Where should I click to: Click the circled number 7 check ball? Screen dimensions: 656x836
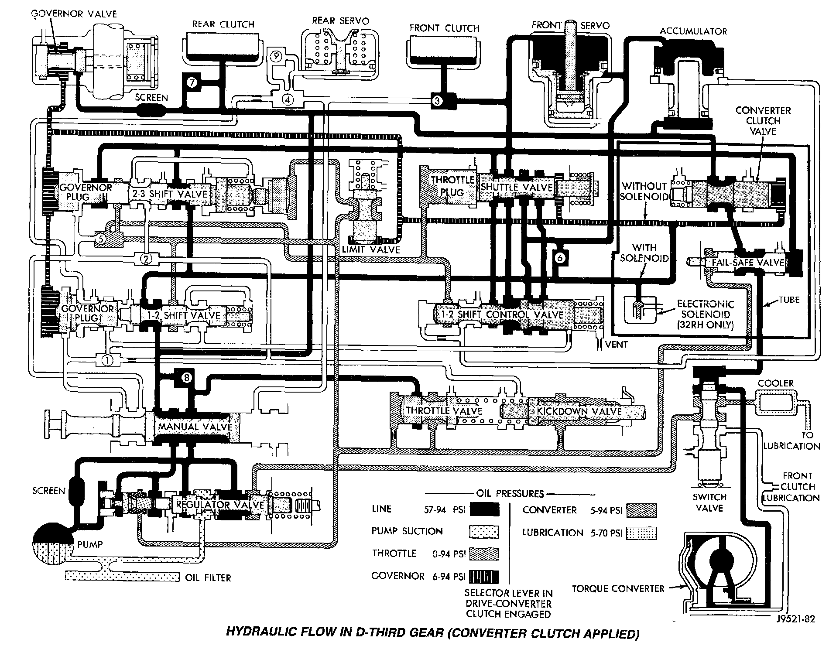(x=193, y=82)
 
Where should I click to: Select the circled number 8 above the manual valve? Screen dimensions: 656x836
(x=186, y=378)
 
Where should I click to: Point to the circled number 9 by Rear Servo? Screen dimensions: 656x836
(x=276, y=56)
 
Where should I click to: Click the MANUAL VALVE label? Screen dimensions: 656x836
(x=195, y=426)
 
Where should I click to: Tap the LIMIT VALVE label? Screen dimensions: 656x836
(x=371, y=249)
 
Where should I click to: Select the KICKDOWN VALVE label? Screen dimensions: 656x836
(x=579, y=411)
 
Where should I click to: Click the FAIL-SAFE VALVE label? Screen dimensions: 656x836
(x=748, y=262)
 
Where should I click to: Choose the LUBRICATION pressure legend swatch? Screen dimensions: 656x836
(x=641, y=533)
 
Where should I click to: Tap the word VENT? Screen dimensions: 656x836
(x=616, y=344)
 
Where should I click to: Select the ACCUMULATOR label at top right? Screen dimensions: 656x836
(x=693, y=31)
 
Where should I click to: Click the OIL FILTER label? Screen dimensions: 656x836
(x=208, y=577)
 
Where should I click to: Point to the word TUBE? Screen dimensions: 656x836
(x=789, y=300)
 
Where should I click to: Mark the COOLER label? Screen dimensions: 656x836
(x=775, y=383)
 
